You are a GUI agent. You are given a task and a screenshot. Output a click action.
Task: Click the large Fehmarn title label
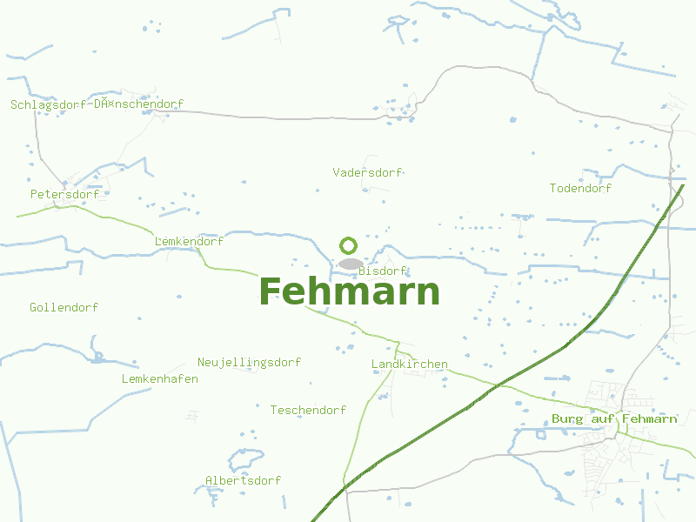click(x=350, y=291)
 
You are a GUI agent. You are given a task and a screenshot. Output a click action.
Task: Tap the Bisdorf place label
click(x=383, y=271)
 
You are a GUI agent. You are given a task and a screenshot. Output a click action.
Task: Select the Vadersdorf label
click(x=367, y=172)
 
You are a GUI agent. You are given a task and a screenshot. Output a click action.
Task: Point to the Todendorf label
click(x=580, y=188)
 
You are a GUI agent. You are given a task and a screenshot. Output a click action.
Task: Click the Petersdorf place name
click(x=64, y=194)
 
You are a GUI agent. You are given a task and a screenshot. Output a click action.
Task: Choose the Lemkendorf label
click(x=189, y=241)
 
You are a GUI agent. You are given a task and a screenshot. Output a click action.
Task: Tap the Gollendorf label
click(x=64, y=307)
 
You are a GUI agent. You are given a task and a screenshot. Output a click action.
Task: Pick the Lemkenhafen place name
click(x=159, y=378)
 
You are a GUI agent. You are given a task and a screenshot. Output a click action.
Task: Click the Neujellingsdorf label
click(x=249, y=362)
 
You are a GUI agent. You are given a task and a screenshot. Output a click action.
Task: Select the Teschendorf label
click(x=308, y=410)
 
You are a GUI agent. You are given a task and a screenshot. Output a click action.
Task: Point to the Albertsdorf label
click(x=243, y=480)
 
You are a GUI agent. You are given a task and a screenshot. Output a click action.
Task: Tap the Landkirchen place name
click(x=409, y=364)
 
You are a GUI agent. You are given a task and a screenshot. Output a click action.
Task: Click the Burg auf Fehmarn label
click(x=614, y=418)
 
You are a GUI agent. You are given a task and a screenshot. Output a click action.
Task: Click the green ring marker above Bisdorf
click(x=349, y=245)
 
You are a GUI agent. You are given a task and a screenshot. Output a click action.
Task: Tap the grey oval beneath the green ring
click(x=351, y=263)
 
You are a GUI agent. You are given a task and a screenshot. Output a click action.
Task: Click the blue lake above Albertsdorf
click(x=244, y=459)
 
